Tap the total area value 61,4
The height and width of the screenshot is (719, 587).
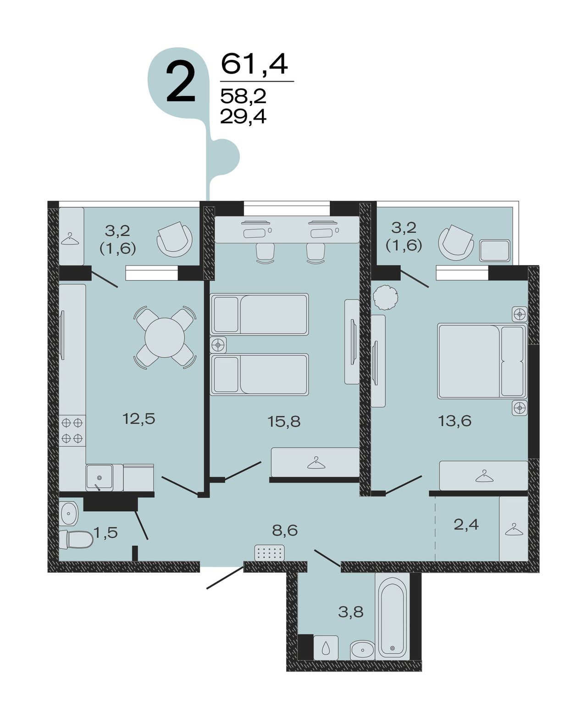coord(255,64)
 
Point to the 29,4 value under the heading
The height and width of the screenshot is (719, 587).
coord(243,116)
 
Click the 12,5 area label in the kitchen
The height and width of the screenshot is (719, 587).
coord(139,419)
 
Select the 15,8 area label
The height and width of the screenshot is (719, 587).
coord(284,422)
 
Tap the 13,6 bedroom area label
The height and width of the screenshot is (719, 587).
coord(455,421)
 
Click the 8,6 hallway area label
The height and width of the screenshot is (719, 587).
coord(285,531)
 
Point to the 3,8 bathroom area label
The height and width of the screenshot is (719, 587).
coord(351,612)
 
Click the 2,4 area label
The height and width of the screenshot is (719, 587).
coord(466,525)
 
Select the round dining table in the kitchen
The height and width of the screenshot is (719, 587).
coord(165,337)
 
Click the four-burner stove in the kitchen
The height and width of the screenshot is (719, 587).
coord(72,430)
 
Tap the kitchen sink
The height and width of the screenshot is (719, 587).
coord(99,477)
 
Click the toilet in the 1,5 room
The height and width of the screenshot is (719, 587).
coord(77,539)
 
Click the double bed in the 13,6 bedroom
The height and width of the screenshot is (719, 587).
coord(482,361)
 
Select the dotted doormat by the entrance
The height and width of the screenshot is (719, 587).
coord(269,553)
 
